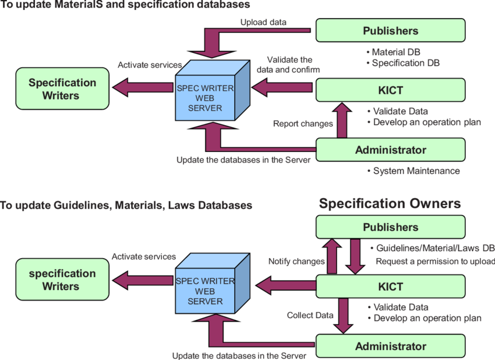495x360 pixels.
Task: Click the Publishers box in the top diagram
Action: [x=390, y=30]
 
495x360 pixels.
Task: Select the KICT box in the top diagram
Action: [x=390, y=90]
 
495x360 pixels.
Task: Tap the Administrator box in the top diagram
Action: [x=390, y=150]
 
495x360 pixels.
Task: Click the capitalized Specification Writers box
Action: [x=62, y=89]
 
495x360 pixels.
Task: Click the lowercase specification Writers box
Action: [x=62, y=280]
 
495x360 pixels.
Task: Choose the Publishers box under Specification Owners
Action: [x=390, y=227]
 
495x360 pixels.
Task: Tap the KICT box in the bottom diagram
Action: [x=390, y=287]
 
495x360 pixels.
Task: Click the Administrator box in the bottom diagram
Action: [x=390, y=346]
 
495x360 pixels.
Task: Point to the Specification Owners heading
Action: [x=390, y=203]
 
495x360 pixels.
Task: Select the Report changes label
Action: [x=303, y=123]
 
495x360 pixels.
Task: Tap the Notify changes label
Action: [x=296, y=262]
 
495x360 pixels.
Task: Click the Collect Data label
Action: [x=310, y=315]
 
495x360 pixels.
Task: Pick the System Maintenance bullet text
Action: [x=416, y=171]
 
